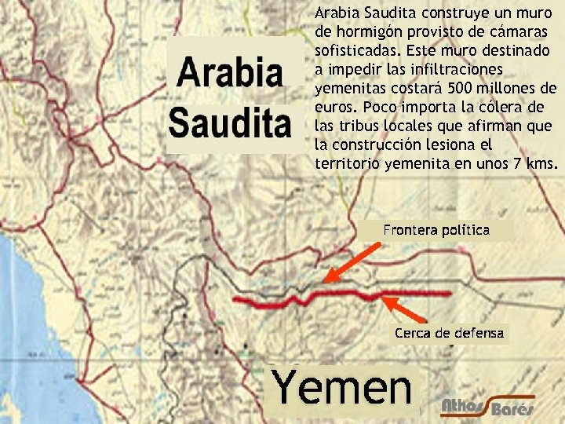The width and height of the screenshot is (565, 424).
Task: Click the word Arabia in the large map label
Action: pyautogui.click(x=230, y=73)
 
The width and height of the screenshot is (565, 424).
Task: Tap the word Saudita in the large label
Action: pyautogui.click(x=230, y=122)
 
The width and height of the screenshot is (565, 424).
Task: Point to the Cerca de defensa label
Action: pyautogui.click(x=449, y=333)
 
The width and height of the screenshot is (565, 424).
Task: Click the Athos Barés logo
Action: pyautogui.click(x=487, y=404)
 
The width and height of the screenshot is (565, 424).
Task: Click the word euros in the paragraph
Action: pyautogui.click(x=333, y=107)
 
